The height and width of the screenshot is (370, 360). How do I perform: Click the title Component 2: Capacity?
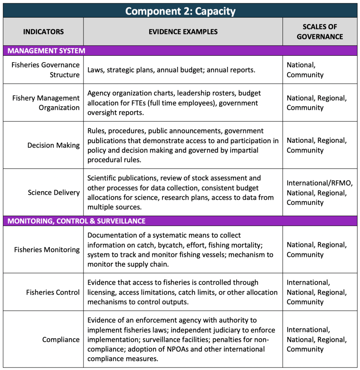tap(180, 11)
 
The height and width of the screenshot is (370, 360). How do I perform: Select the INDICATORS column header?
tap(43, 32)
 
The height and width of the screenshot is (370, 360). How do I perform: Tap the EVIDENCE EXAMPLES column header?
tap(183, 32)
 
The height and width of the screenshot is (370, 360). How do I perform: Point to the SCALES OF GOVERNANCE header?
tap(320, 32)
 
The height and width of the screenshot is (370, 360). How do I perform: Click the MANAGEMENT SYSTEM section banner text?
tap(46, 51)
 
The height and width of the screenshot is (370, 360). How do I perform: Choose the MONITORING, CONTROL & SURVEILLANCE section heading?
tap(77, 221)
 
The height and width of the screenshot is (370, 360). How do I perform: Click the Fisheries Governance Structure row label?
tap(45, 70)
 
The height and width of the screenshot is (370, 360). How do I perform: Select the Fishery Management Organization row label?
tap(46, 103)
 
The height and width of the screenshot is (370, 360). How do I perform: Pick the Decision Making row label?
tap(54, 145)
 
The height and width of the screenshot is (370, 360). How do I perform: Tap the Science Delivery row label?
tap(54, 193)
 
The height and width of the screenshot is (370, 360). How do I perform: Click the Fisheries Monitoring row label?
tap(47, 250)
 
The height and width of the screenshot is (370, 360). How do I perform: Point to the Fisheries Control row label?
tap(53, 292)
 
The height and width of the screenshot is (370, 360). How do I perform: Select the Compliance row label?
tap(61, 340)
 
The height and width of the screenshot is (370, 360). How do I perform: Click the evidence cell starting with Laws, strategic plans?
tap(171, 70)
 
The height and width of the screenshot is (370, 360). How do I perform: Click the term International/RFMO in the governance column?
tap(319, 183)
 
